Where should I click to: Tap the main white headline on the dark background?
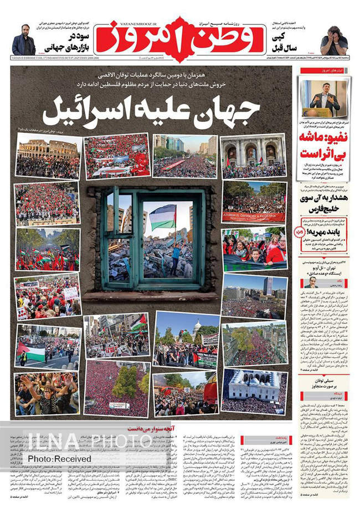pyautogui.click(x=151, y=111)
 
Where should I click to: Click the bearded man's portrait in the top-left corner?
pyautogui.click(x=24, y=41)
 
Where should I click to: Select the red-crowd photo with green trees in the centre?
pyautogui.click(x=117, y=387)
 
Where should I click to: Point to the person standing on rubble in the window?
pyautogui.click(x=175, y=252)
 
